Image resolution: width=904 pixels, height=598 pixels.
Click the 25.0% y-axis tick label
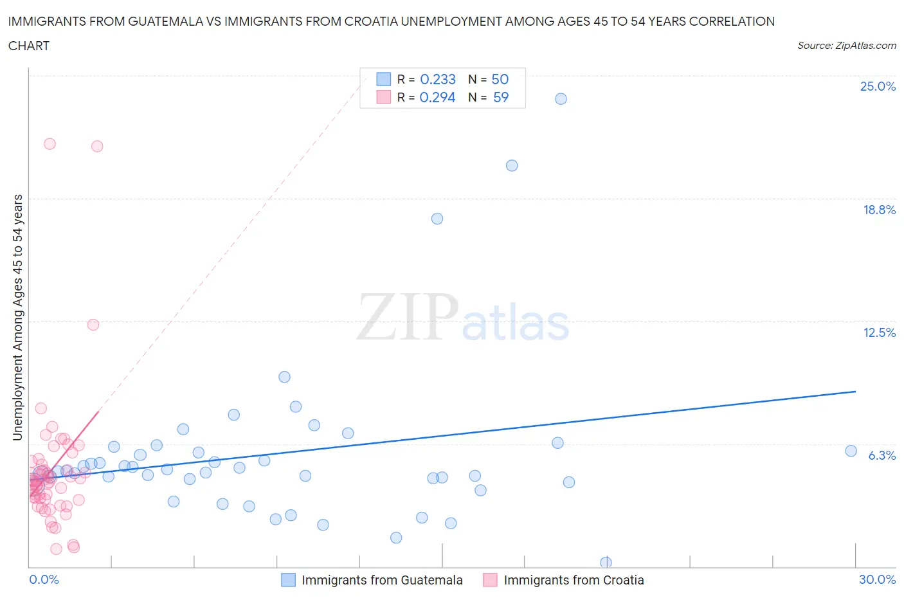[x=878, y=86]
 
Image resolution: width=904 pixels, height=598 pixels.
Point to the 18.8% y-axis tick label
[x=879, y=210]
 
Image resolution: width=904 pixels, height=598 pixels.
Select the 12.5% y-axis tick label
[x=879, y=332]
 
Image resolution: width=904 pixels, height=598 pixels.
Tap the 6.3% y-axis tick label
[x=881, y=455]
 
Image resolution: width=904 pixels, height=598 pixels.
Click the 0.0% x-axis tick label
[x=44, y=579]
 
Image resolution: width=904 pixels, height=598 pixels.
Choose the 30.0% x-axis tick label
[x=877, y=579]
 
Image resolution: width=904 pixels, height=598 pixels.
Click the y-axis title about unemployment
[x=17, y=317]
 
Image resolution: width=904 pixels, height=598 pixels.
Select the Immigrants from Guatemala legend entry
[x=381, y=580]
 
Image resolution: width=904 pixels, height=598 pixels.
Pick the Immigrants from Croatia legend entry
[x=573, y=580]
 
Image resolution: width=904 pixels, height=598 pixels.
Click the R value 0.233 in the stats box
[x=437, y=79]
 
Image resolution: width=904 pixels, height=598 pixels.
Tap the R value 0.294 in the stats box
[x=437, y=97]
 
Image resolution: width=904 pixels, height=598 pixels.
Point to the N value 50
[x=500, y=79]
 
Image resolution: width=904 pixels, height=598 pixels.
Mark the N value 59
[x=500, y=97]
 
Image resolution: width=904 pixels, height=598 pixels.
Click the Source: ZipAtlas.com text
[x=846, y=46]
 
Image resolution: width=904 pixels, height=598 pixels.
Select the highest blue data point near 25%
[x=561, y=98]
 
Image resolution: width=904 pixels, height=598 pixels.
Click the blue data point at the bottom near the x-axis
[x=606, y=563]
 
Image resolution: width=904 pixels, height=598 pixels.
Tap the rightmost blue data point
[x=851, y=451]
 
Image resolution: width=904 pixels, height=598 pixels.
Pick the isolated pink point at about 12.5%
[x=93, y=325]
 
